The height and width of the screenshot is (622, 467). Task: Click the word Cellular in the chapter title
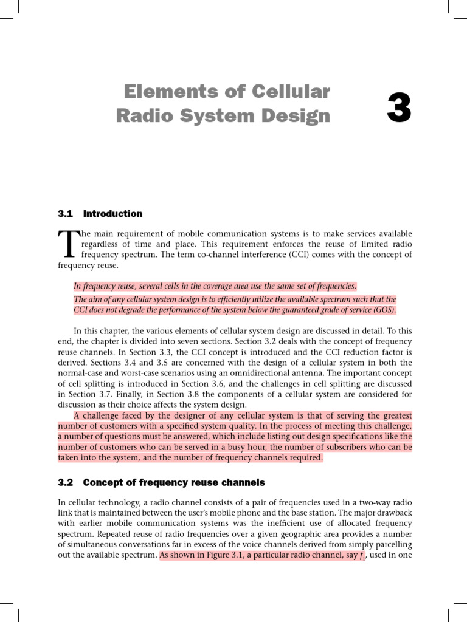click(x=287, y=92)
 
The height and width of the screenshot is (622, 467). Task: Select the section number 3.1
click(x=65, y=214)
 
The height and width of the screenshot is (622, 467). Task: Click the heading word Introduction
click(x=112, y=214)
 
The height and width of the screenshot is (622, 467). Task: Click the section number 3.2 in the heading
click(x=65, y=483)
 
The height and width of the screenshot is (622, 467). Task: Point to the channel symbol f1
click(x=365, y=556)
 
